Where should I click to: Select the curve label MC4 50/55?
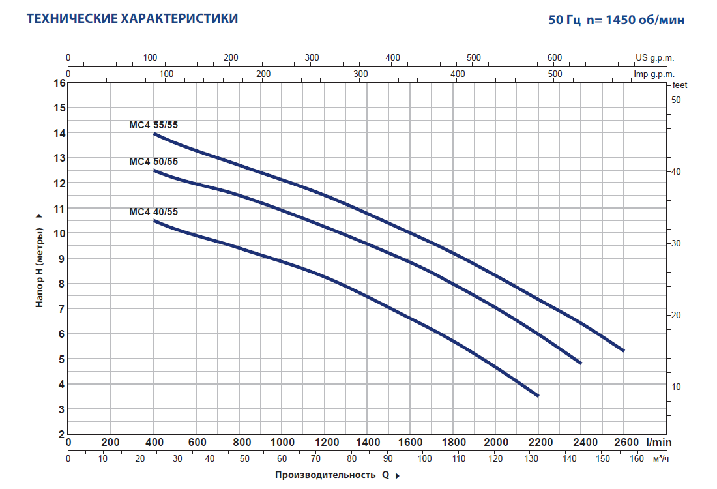pos(153,161)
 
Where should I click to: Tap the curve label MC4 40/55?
pos(153,211)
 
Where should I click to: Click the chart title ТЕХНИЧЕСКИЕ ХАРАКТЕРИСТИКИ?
pos(132,18)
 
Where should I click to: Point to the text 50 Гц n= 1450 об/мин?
pos(617,20)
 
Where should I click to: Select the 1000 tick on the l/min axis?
pos(282,441)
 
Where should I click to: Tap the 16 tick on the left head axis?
pos(59,83)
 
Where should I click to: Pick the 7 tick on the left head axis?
pos(59,308)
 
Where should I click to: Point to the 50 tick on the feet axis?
pos(676,100)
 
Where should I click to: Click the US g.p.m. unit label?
pos(654,57)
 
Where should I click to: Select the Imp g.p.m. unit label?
pos(654,74)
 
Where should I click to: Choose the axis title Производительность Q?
pos(332,475)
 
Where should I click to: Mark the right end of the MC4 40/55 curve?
pos(538,395)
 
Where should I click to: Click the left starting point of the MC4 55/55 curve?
pos(154,134)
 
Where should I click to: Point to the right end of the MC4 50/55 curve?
pos(579,363)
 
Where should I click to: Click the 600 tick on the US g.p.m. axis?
pos(554,57)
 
